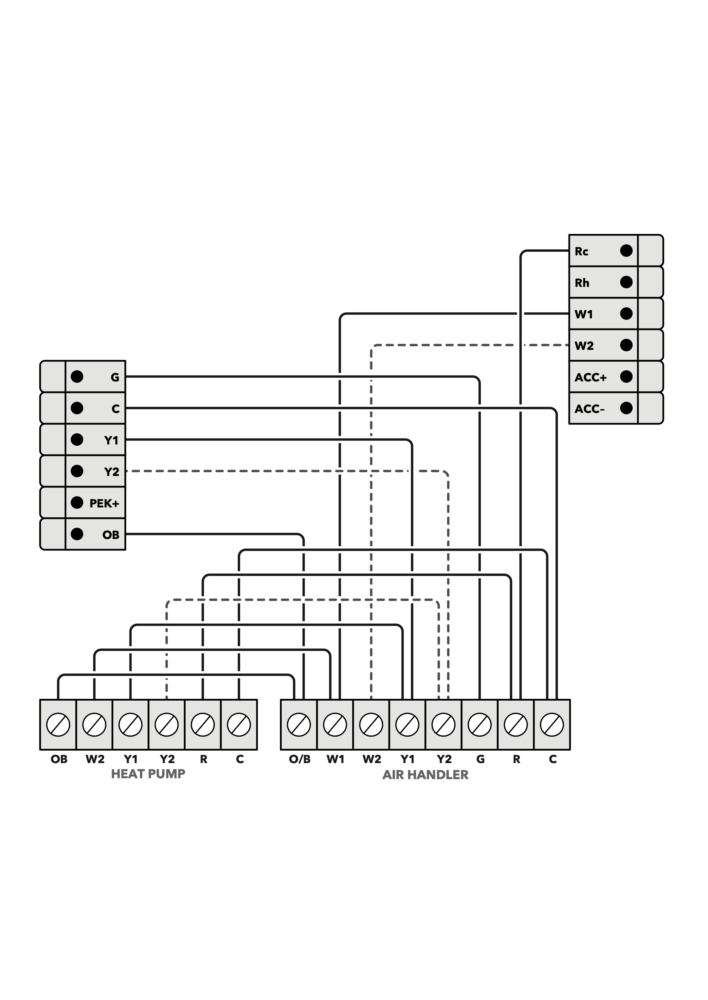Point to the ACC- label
[x=589, y=409]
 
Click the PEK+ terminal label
[x=104, y=504]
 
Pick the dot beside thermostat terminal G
[x=77, y=377]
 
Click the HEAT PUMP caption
[x=148, y=774]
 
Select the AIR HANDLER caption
[x=425, y=775]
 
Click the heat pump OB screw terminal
[x=58, y=725]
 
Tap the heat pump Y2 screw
[x=167, y=725]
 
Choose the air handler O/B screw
[x=299, y=725]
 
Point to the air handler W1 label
[x=335, y=760]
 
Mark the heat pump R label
[x=203, y=760]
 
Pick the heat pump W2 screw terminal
[x=94, y=725]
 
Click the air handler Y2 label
[x=444, y=760]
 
